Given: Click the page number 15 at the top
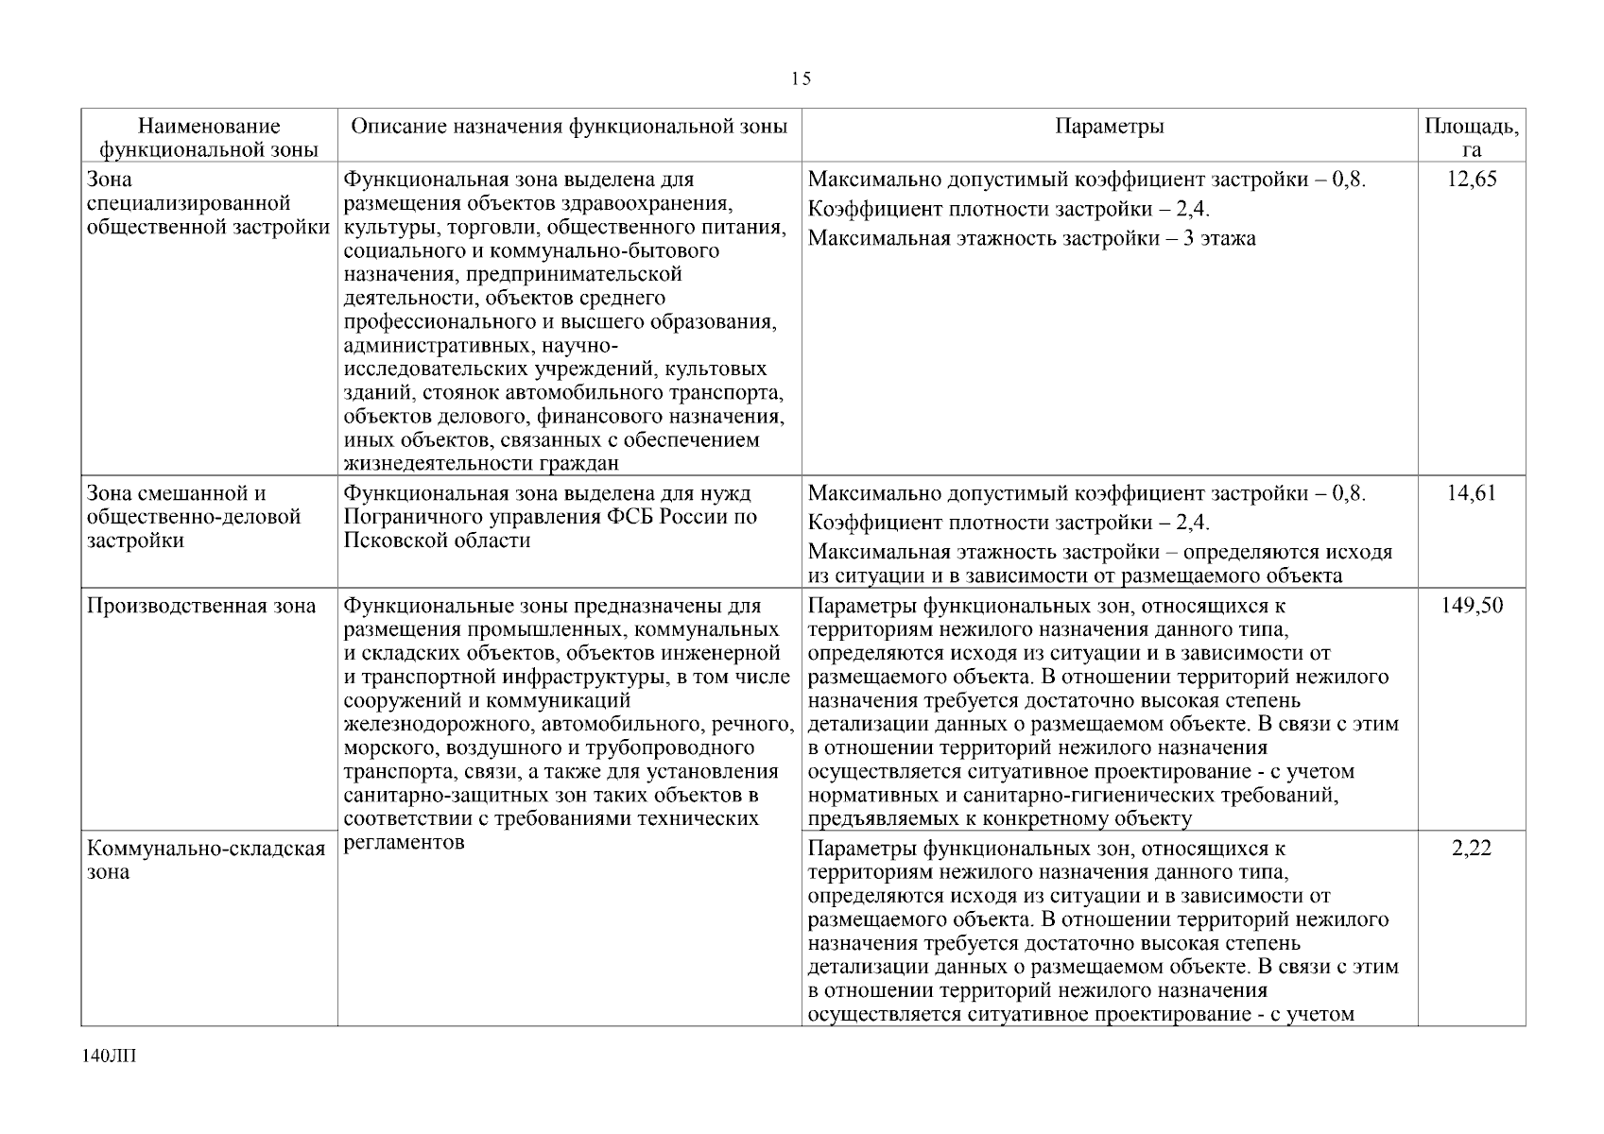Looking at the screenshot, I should [801, 79].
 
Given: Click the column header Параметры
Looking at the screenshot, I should [1109, 127].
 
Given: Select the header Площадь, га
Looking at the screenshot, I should [1471, 138].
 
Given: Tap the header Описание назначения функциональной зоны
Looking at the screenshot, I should [569, 127].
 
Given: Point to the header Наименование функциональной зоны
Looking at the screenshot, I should [209, 138].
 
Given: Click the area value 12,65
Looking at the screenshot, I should [1472, 180].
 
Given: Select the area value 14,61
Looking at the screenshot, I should [1472, 493].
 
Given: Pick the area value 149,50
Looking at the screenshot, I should [1472, 606].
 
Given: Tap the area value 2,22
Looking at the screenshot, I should [1472, 849].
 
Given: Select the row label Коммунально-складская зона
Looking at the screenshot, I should [206, 860].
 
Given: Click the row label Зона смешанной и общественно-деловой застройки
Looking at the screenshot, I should [194, 517].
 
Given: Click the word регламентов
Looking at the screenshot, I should [404, 843].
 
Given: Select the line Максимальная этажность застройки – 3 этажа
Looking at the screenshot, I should [1032, 239].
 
